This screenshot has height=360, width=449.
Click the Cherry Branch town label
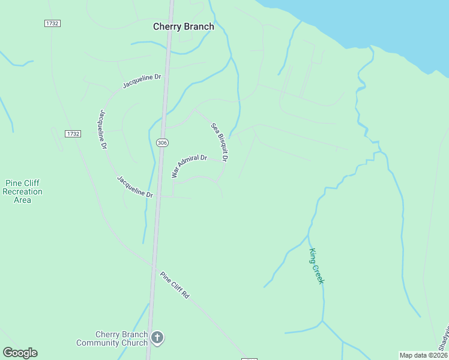[183, 26]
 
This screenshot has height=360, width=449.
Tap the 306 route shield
[161, 142]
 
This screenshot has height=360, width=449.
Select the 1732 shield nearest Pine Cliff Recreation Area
[73, 134]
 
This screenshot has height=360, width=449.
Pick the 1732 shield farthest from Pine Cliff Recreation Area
[52, 23]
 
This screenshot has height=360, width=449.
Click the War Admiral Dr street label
[189, 166]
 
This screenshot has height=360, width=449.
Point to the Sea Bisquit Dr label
[219, 143]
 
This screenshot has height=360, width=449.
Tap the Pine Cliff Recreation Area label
[23, 191]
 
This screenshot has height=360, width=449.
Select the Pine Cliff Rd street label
[175, 286]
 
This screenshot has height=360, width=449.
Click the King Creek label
[316, 266]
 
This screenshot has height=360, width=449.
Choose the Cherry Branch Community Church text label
[112, 339]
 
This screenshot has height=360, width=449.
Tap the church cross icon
[157, 338]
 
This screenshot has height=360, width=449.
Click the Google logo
[20, 353]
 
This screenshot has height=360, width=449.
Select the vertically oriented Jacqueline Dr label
[103, 129]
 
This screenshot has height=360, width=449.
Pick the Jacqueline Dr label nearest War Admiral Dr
[135, 187]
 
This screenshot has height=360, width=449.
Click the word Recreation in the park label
[23, 191]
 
